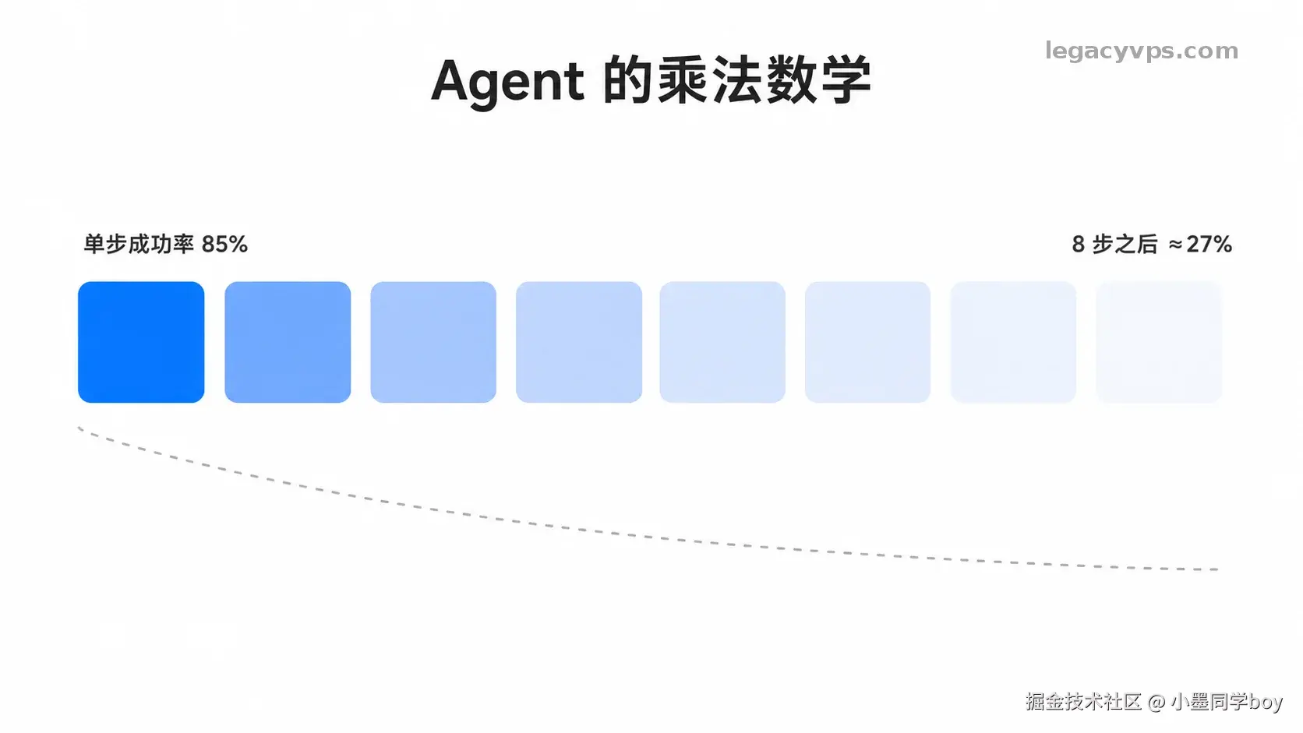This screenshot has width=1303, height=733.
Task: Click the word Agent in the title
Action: tap(507, 82)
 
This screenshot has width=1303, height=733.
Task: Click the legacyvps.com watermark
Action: tap(1141, 51)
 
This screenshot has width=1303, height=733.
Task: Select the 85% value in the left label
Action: tap(224, 244)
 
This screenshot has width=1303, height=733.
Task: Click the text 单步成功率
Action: tap(139, 244)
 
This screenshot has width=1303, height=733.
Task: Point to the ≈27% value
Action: tap(1200, 244)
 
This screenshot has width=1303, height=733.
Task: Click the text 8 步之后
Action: tap(1114, 244)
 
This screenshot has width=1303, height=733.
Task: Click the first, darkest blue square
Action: tap(141, 342)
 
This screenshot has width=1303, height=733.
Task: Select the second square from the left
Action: tap(288, 342)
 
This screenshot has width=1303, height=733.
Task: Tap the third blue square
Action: tap(433, 342)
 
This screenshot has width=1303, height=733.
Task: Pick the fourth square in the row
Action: tap(579, 342)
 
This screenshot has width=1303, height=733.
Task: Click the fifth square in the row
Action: tap(722, 342)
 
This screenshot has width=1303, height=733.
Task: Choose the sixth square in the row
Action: tap(868, 342)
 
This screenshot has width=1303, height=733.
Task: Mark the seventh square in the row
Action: tap(1013, 342)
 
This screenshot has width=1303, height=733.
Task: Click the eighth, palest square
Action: tap(1159, 342)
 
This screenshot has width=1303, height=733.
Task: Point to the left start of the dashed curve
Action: tap(79, 428)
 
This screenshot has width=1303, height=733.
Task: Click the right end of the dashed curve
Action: tap(1217, 569)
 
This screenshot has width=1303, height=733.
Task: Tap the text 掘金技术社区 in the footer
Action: tap(1083, 702)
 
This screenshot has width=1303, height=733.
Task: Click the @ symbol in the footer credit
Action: tap(1156, 703)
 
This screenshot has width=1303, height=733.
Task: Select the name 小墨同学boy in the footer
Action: tap(1227, 702)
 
